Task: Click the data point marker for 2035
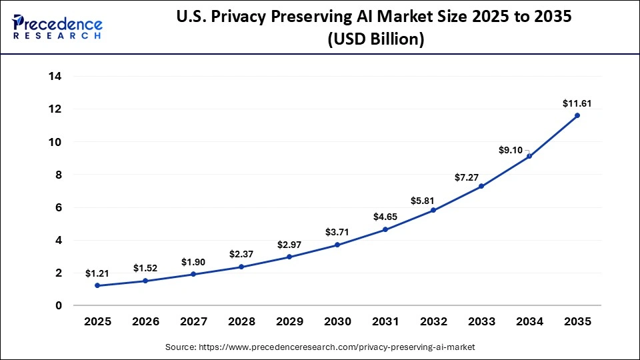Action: click(577, 115)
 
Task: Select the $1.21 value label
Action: click(97, 273)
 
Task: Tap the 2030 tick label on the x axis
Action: click(337, 321)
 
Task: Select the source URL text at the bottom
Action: click(320, 347)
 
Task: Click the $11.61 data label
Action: click(577, 103)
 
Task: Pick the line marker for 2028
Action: click(241, 267)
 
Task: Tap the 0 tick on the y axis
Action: click(59, 306)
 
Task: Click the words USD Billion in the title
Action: click(375, 39)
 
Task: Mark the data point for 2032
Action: click(433, 210)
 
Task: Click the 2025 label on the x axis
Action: click(97, 321)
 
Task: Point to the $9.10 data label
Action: click(512, 151)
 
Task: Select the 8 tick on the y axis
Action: click(59, 175)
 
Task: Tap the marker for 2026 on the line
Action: click(145, 281)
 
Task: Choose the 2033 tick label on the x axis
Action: click(481, 321)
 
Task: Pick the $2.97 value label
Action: click(289, 244)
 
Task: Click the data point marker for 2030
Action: click(337, 245)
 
